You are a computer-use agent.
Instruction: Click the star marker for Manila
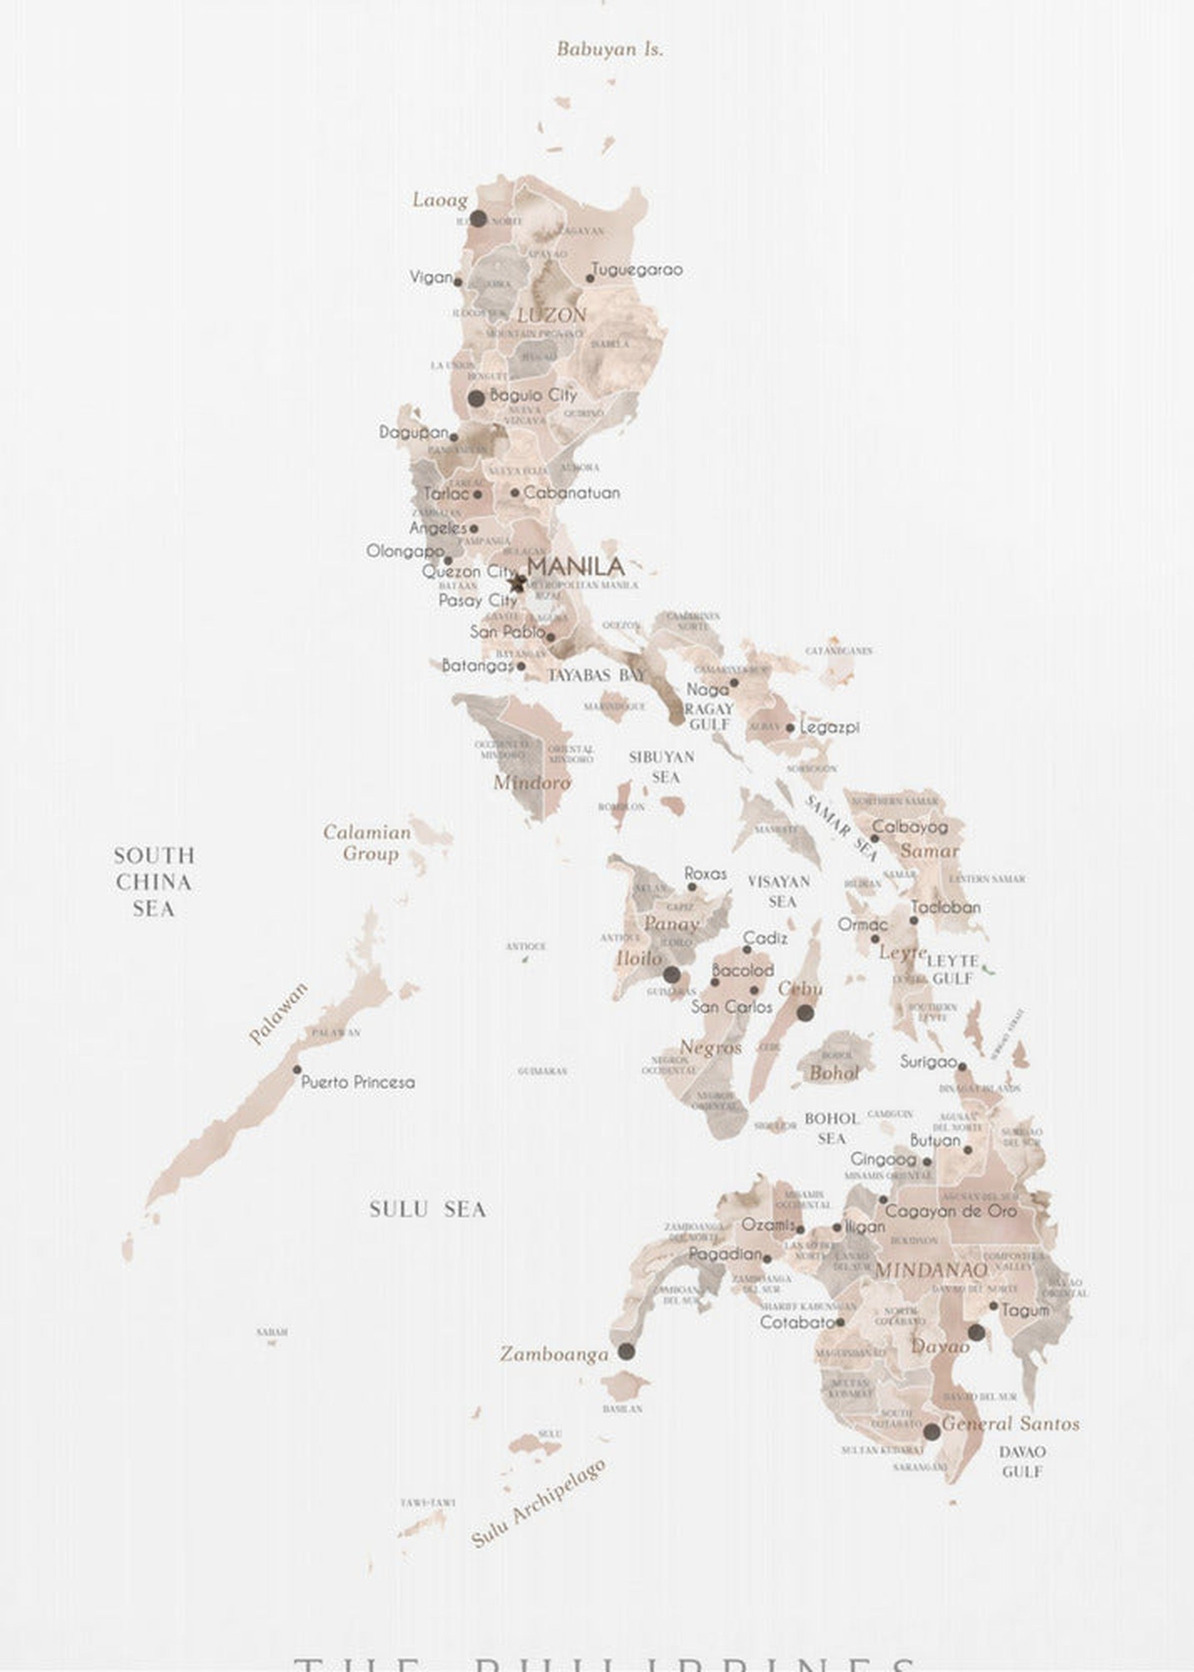coord(517,583)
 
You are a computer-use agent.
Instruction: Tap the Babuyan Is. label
coord(609,49)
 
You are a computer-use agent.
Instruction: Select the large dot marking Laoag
coord(478,218)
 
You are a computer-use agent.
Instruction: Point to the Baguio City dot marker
coord(477,398)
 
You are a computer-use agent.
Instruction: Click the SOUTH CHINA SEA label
coord(154,882)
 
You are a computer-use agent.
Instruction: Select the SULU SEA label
coord(427,1210)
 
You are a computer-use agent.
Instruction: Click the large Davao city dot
coord(976,1333)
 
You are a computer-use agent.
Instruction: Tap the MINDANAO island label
coord(931,1270)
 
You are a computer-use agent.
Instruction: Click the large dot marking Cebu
coord(805,1013)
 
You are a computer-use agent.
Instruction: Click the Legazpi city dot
coord(789,728)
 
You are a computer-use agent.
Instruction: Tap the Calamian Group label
coord(367,842)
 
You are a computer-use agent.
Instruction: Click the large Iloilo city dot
coord(671,975)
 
